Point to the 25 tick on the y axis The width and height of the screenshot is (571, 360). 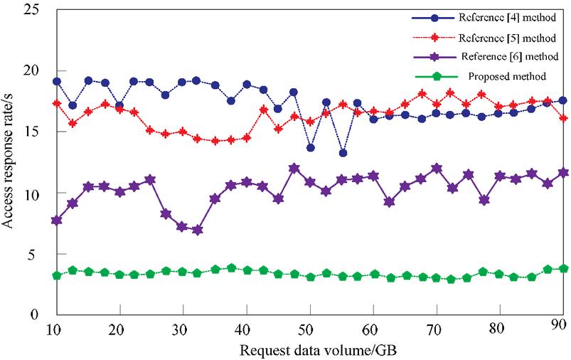(x=31, y=10)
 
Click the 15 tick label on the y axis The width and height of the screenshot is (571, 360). (x=31, y=132)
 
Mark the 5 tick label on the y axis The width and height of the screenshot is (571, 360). (x=36, y=254)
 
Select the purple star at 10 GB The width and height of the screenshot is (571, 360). (x=56, y=221)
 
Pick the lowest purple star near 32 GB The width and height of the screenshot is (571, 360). (x=197, y=231)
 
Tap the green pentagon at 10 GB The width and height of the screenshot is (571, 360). (x=56, y=275)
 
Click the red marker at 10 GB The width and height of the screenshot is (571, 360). (x=56, y=103)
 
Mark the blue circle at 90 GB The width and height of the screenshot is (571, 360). (x=562, y=100)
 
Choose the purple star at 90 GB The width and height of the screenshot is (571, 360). (x=562, y=172)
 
